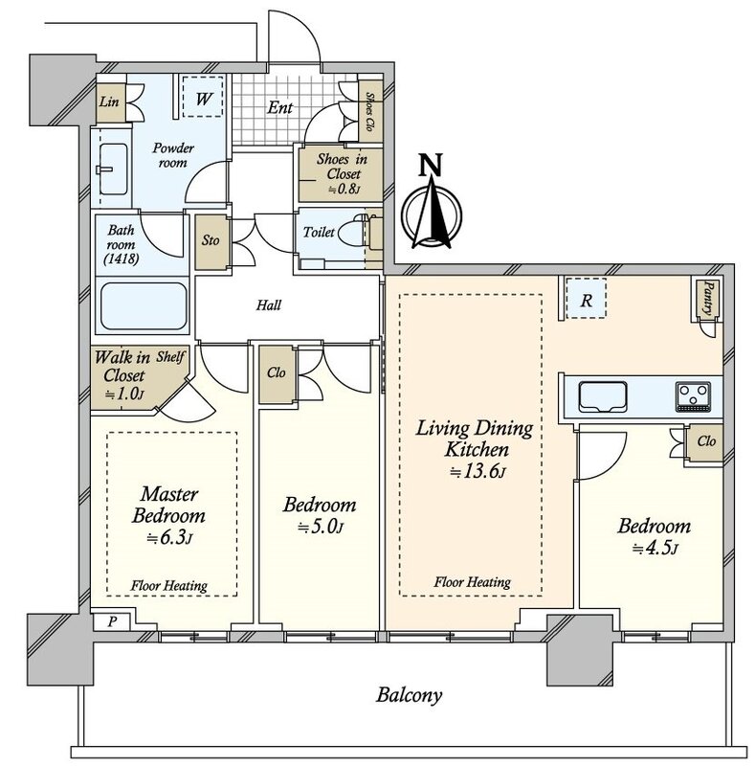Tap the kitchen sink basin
point(603,396)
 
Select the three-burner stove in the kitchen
point(693,396)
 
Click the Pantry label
point(707,298)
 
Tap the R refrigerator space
point(586,299)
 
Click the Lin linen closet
point(110,102)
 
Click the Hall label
point(269,305)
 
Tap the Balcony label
point(409,694)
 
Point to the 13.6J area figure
point(477,471)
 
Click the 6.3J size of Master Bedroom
point(169,537)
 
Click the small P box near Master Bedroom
point(112,621)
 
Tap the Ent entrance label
point(279,107)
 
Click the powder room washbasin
point(113,169)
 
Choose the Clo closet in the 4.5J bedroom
point(704,442)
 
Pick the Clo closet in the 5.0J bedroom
point(277,373)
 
